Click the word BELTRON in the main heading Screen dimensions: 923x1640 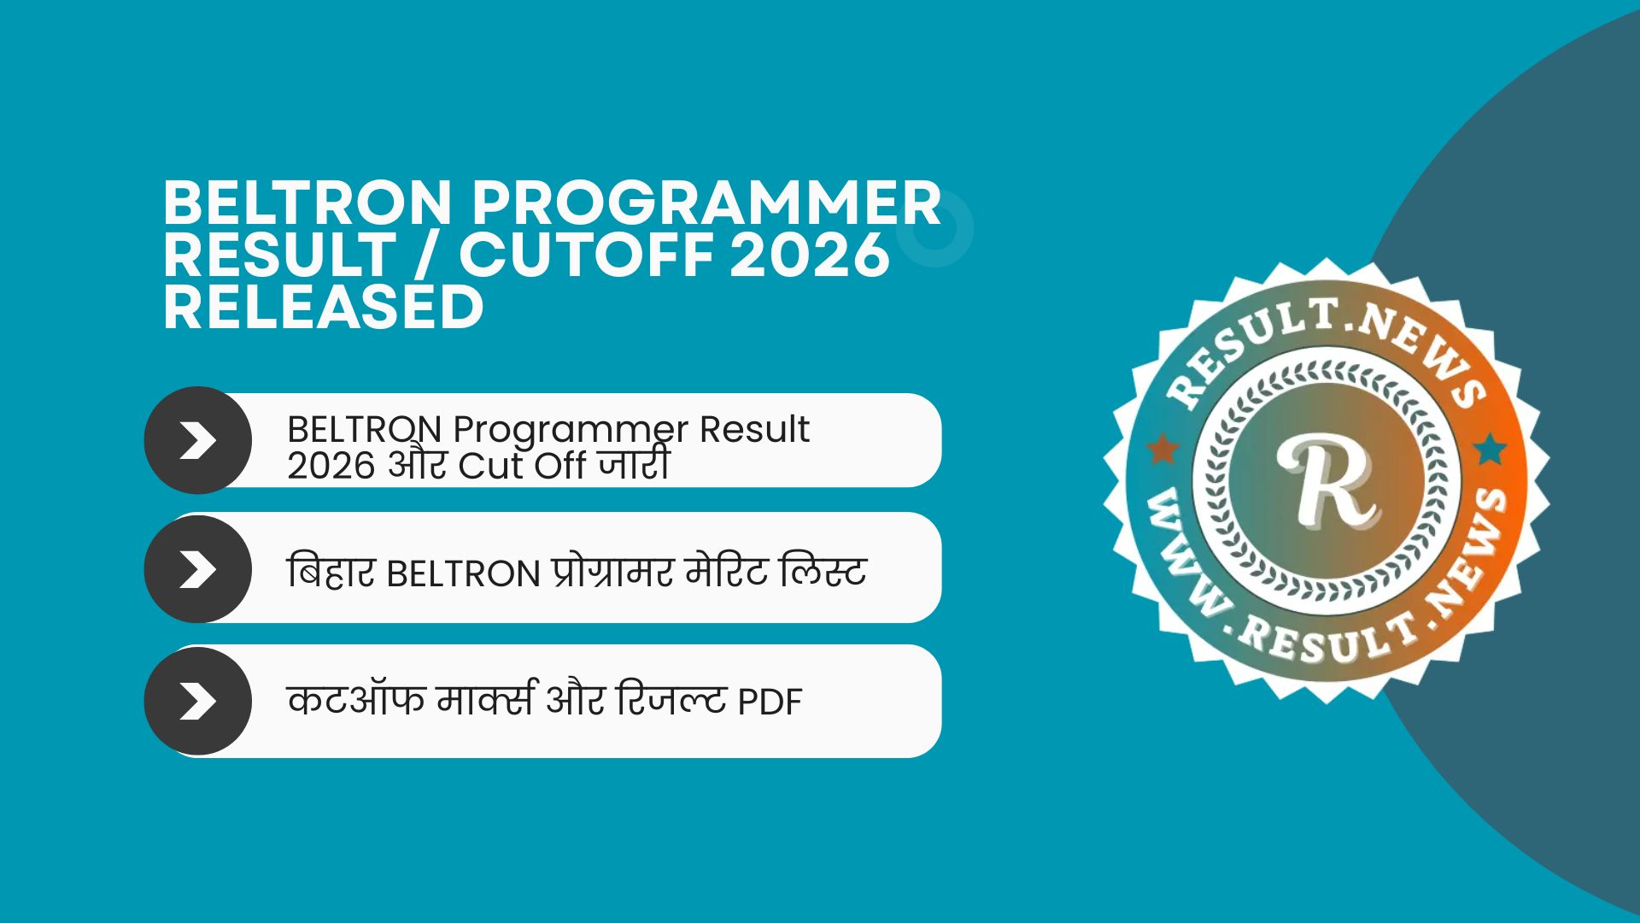point(306,203)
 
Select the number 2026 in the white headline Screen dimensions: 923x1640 point(809,255)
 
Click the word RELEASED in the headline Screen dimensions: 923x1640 point(324,307)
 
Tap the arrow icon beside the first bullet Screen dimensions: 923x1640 point(198,441)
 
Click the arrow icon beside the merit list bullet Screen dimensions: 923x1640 point(198,569)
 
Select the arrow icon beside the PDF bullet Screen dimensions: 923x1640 point(198,701)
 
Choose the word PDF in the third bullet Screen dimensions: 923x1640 point(770,703)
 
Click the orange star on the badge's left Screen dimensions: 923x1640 point(1162,448)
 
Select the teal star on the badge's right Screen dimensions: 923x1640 point(1489,448)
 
